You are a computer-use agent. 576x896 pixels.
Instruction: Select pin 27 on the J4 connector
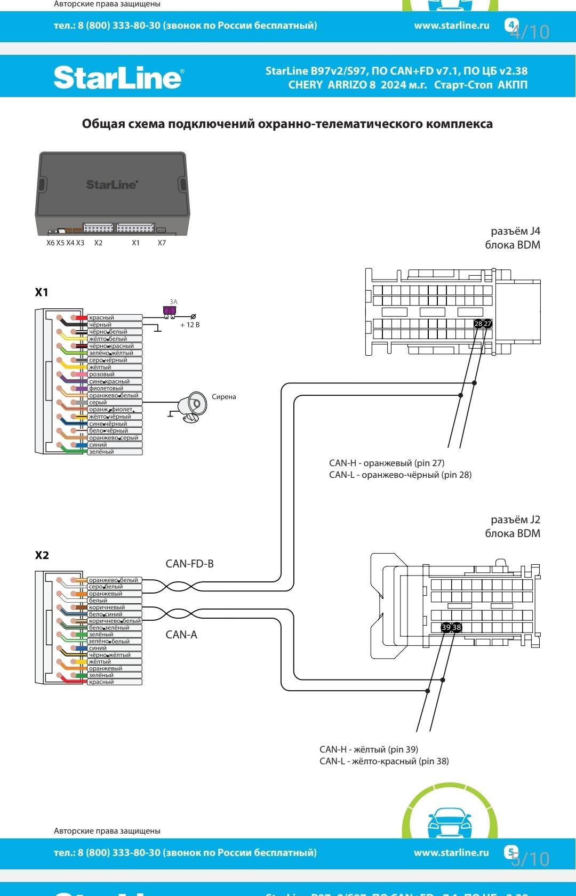[487, 324]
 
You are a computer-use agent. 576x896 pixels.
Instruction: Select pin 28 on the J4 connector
[478, 324]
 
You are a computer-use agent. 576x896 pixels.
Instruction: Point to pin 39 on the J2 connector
[446, 627]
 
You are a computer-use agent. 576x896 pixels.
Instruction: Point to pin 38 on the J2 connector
[457, 627]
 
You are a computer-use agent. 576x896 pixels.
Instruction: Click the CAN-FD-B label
[190, 564]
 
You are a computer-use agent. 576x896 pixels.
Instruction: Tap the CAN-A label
[181, 635]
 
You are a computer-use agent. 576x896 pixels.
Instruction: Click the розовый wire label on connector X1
[101, 374]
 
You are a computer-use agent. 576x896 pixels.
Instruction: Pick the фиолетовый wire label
[106, 388]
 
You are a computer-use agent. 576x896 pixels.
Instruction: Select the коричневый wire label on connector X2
[107, 607]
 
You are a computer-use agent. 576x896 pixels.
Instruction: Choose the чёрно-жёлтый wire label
[110, 655]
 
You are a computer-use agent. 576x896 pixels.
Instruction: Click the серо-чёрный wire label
[108, 360]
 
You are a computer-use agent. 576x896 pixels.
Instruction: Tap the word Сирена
[223, 397]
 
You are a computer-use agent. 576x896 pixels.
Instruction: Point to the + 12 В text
[190, 325]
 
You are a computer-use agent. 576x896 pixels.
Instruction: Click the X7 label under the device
[162, 243]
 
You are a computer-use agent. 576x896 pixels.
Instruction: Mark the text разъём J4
[515, 231]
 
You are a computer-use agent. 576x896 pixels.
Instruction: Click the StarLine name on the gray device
[112, 185]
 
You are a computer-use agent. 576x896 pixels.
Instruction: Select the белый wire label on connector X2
[98, 601]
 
